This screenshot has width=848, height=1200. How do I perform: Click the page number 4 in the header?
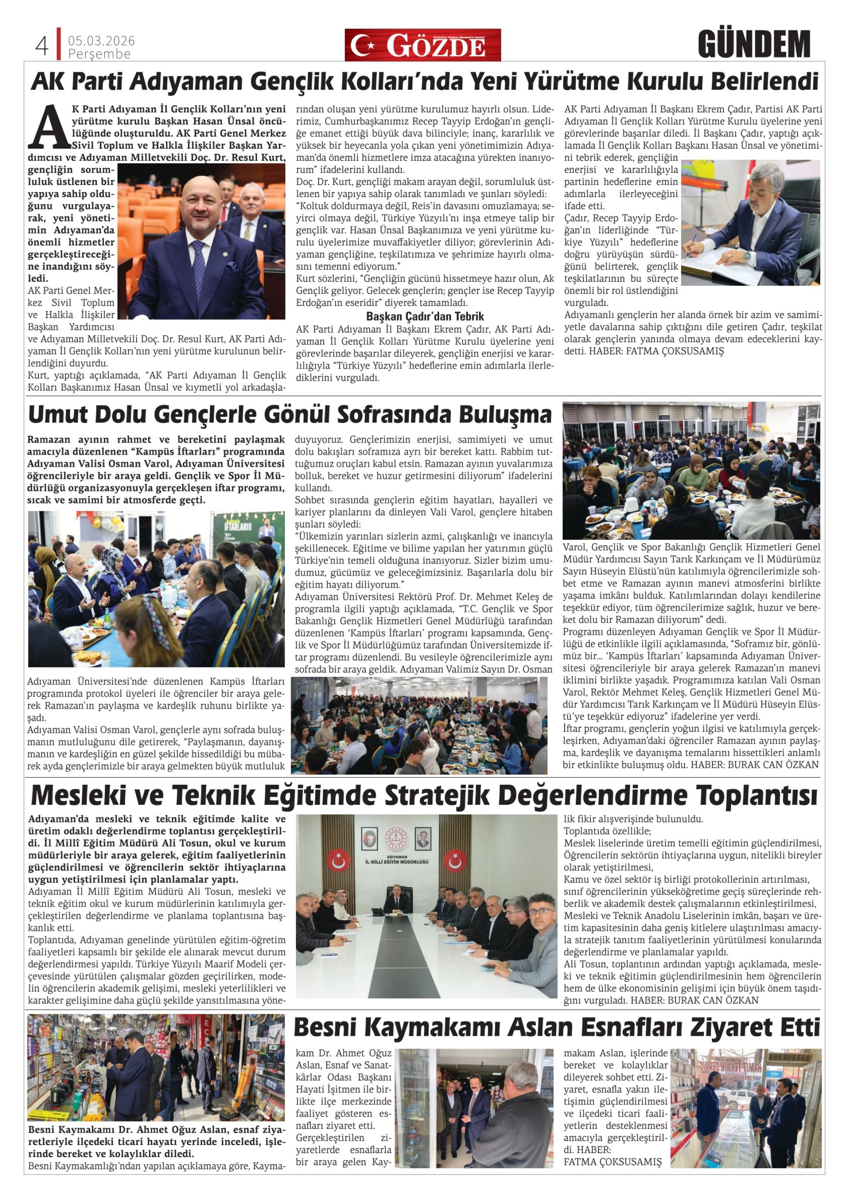pyautogui.click(x=42, y=46)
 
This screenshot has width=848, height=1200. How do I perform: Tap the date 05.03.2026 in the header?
pyautogui.click(x=101, y=41)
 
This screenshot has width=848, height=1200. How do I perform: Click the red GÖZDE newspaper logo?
pyautogui.click(x=422, y=45)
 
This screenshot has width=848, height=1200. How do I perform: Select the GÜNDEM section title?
pyautogui.click(x=753, y=45)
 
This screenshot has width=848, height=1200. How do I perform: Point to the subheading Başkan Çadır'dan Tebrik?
pyautogui.click(x=425, y=316)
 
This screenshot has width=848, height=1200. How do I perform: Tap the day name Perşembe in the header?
pyautogui.click(x=99, y=54)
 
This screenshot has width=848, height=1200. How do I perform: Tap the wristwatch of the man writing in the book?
pyautogui.click(x=748, y=257)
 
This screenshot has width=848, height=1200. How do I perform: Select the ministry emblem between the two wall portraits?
pyautogui.click(x=395, y=839)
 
